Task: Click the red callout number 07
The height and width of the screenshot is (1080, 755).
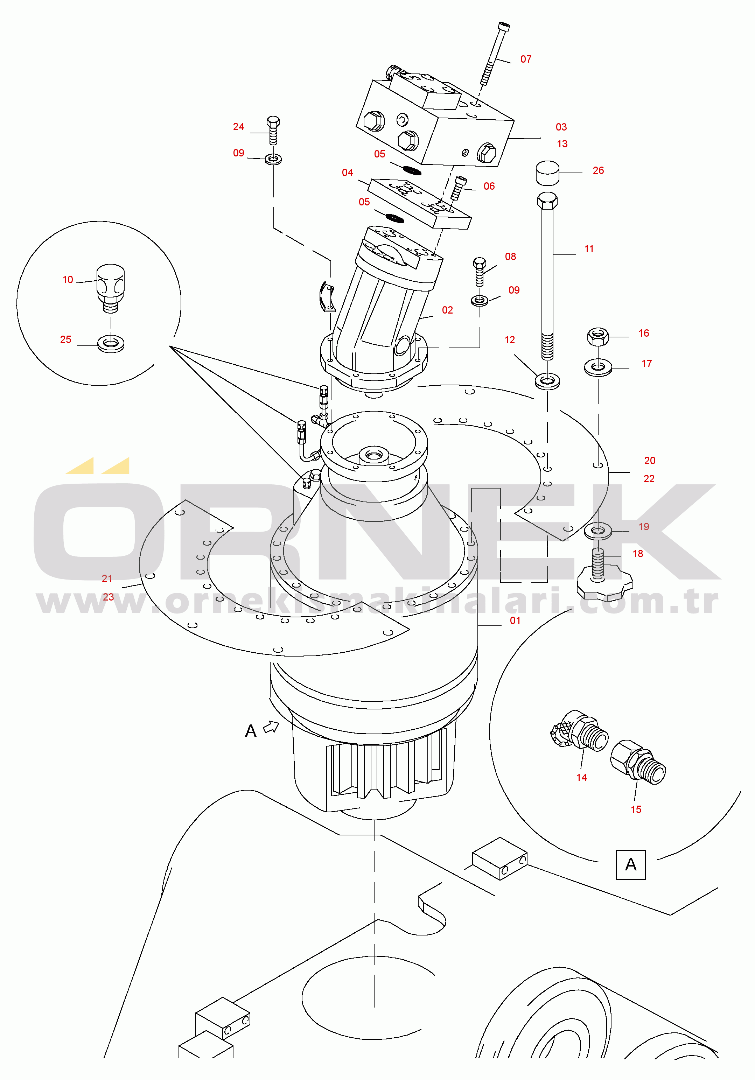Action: coord(525,59)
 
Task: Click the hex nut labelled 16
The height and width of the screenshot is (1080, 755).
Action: coord(598,336)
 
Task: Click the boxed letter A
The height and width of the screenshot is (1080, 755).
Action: coord(631,864)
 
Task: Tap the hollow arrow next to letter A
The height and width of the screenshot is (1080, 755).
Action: coord(271,727)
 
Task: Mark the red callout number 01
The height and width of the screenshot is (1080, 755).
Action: coord(515,620)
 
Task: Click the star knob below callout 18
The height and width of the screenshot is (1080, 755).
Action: coord(604,584)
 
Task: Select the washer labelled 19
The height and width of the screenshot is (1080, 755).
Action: coord(598,531)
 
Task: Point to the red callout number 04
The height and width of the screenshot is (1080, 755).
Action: coord(347,173)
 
